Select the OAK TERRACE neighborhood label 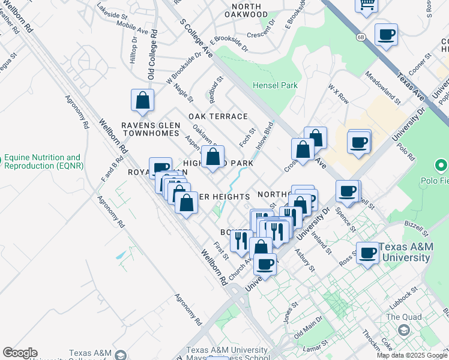coord(218,116)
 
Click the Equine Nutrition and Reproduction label coord(42,162)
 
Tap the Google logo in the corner coord(20,353)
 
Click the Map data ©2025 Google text coord(412,355)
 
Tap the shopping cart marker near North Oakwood coord(366,5)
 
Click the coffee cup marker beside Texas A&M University coord(367,252)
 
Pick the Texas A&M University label coord(404,253)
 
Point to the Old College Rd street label coord(152,55)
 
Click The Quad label coord(400,317)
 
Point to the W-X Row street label coord(338,94)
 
